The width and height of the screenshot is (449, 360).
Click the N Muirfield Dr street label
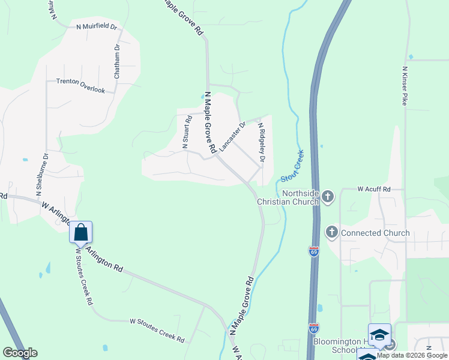point(97,27)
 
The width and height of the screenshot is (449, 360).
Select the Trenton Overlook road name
point(80,85)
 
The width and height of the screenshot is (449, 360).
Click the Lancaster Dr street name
point(232,136)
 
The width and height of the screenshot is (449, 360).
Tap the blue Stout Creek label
point(292,166)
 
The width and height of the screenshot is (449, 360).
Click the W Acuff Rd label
point(374,189)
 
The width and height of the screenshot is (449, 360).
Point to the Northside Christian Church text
point(288,197)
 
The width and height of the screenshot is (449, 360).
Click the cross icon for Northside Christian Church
point(327,196)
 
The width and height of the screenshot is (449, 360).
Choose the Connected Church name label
point(375,233)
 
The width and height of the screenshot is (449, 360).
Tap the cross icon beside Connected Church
point(331,232)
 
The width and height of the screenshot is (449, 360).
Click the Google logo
point(20,353)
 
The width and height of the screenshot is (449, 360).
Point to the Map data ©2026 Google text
point(412,355)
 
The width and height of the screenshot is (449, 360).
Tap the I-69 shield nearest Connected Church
point(314,251)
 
